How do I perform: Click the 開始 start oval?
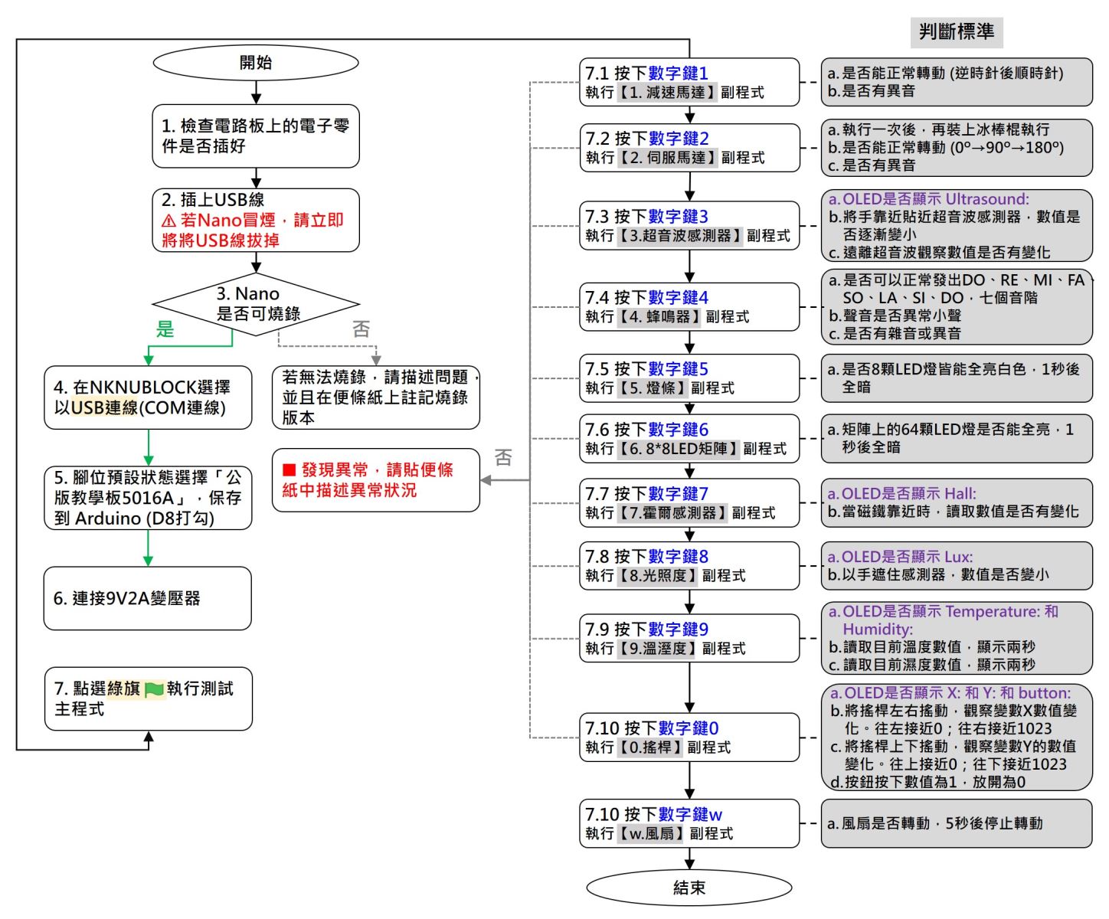click(256, 63)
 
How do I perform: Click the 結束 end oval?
click(689, 888)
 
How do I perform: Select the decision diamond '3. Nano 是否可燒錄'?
click(256, 304)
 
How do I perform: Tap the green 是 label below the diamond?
click(165, 329)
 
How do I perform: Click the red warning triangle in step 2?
click(169, 221)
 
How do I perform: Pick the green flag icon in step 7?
click(154, 690)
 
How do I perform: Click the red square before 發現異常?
click(290, 469)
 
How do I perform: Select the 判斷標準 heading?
click(957, 31)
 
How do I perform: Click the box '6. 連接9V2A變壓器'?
click(148, 598)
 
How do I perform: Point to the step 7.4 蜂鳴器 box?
click(689, 307)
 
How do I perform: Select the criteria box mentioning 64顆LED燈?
click(957, 439)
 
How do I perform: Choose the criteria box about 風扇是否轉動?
click(957, 823)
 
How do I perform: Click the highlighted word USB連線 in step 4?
click(105, 408)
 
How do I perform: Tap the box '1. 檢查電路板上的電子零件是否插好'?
click(256, 136)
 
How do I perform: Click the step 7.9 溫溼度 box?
click(689, 639)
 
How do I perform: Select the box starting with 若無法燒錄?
click(375, 397)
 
